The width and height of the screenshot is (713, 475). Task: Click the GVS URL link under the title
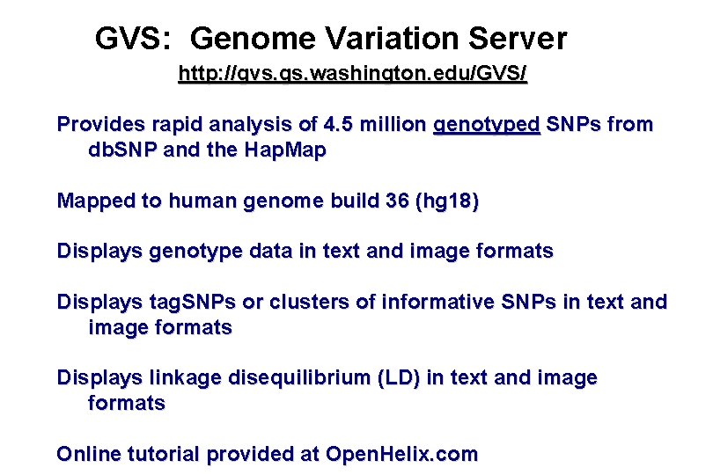(352, 74)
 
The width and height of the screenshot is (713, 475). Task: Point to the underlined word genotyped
(487, 125)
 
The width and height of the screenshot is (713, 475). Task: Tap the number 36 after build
(397, 201)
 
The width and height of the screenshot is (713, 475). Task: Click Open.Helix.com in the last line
(401, 455)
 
